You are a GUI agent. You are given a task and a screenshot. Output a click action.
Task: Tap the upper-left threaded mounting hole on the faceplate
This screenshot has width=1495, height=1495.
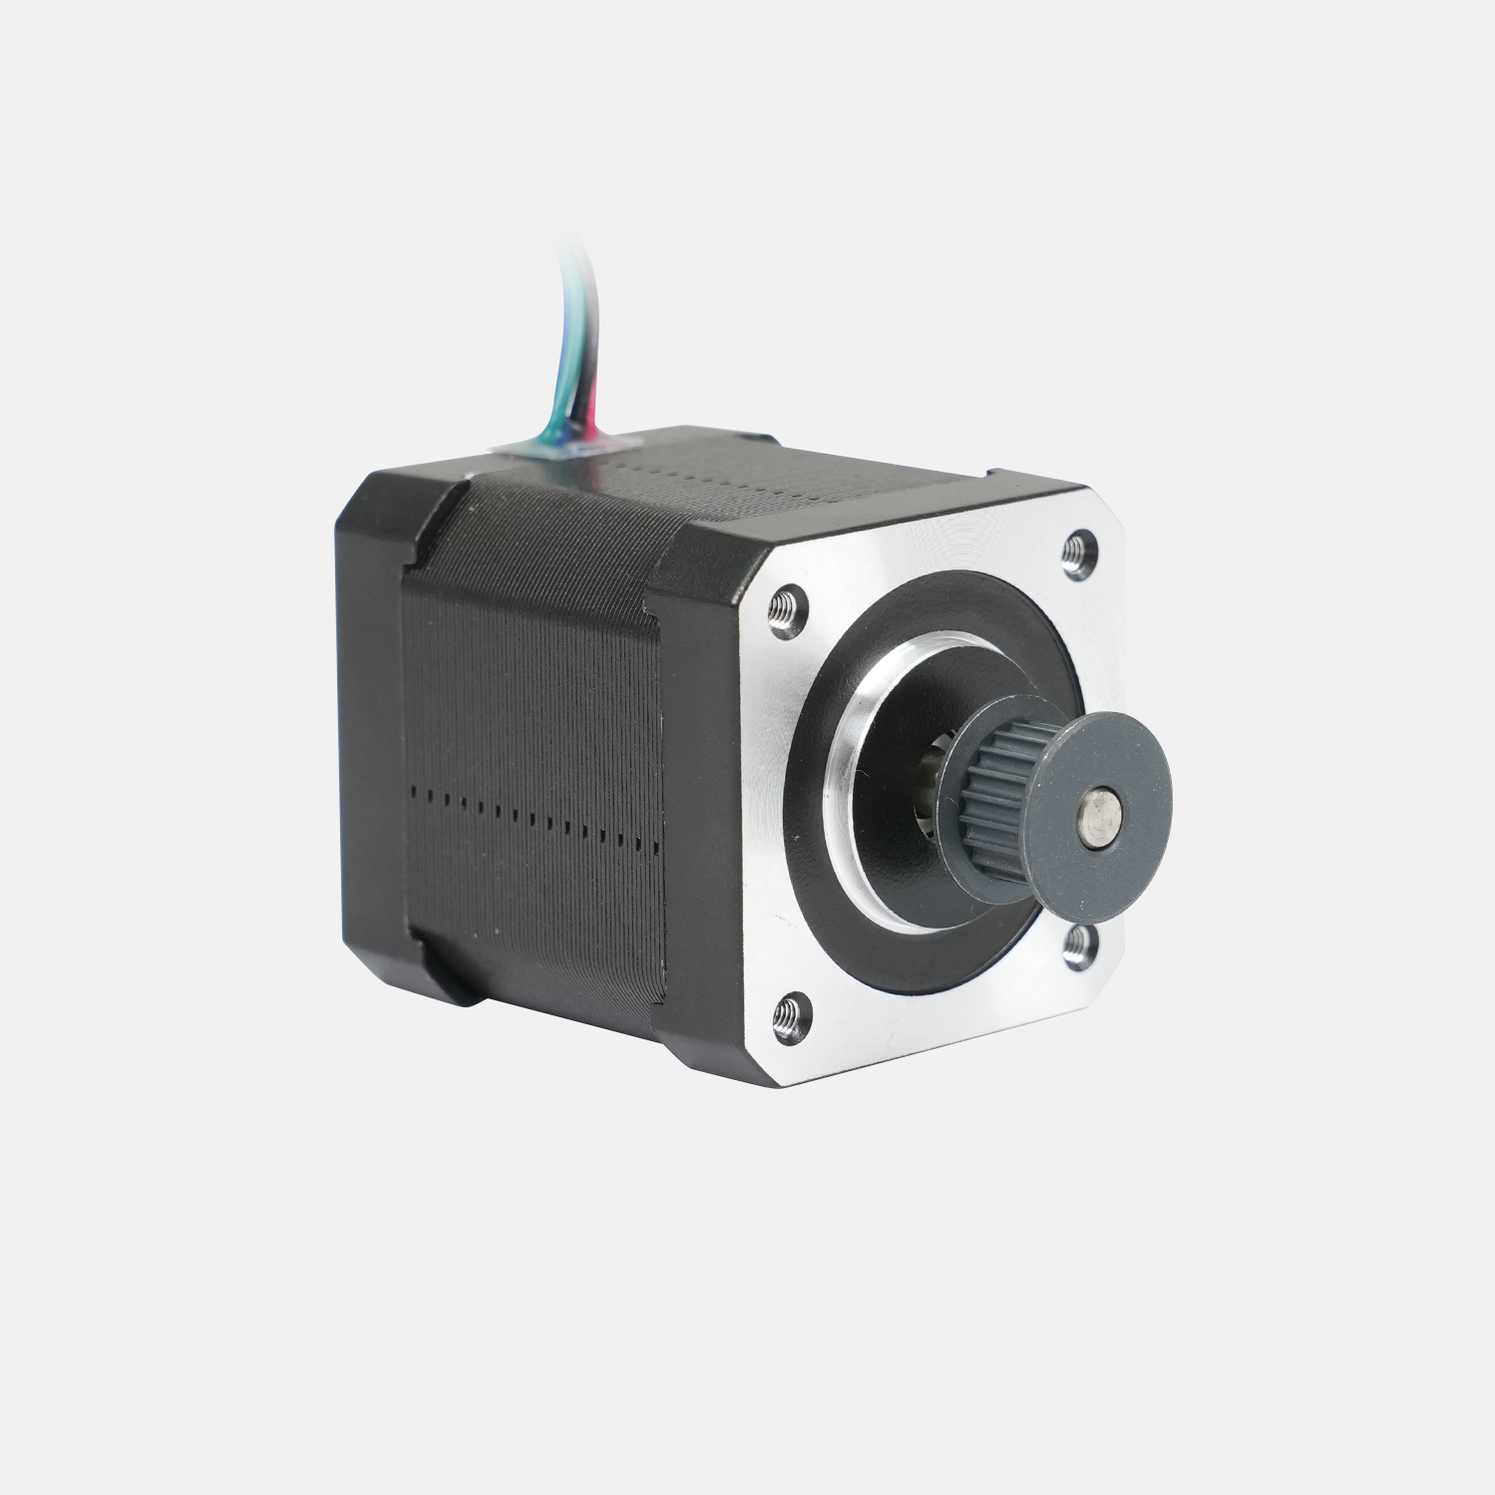(x=788, y=609)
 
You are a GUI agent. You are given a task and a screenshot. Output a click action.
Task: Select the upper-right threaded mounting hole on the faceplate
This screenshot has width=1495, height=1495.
(x=1078, y=554)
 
